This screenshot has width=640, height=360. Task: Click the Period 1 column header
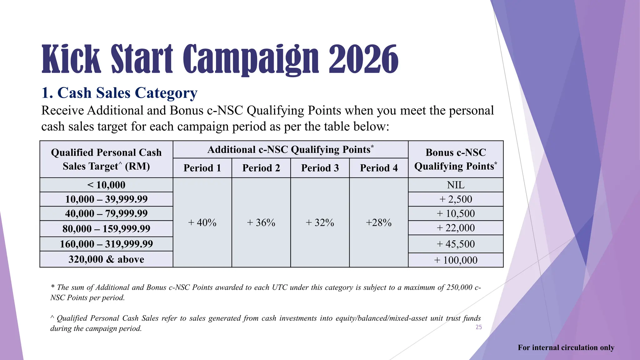[202, 168]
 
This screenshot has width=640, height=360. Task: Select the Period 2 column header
[261, 168]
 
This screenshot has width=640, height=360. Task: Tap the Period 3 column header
[320, 168]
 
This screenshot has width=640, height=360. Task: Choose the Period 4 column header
[379, 168]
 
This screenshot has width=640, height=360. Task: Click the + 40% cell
[202, 222]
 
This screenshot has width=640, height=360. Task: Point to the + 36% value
[261, 222]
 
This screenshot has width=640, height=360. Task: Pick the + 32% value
[320, 222]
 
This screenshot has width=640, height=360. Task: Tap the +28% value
[379, 222]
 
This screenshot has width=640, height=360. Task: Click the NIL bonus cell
[456, 185]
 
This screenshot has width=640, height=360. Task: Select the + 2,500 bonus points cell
[456, 199]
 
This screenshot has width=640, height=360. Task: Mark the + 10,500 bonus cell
[456, 214]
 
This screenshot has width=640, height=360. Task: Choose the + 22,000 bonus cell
[456, 228]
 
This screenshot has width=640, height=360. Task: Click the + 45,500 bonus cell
[456, 244]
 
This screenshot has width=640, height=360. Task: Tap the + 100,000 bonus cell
[456, 260]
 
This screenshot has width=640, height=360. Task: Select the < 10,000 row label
[106, 185]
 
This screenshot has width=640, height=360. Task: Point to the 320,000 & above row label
[106, 259]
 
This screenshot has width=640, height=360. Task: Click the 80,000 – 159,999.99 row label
[106, 229]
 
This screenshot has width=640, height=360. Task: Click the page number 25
[479, 327]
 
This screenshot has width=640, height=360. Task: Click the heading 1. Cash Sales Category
[119, 93]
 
